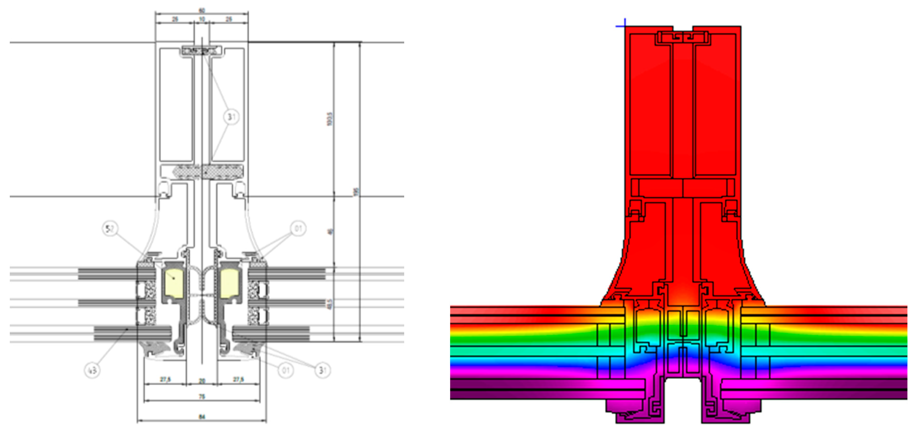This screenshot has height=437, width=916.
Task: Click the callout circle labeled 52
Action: pos(110,229)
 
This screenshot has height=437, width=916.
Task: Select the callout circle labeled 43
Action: pos(92,371)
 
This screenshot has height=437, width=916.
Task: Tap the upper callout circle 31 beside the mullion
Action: pos(231,116)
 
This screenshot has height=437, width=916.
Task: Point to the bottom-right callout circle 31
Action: pos(322,371)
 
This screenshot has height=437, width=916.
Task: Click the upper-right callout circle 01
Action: pos(298,229)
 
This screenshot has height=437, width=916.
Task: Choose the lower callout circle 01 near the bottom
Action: pos(286,371)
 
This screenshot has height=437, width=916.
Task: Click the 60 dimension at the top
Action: pos(202,11)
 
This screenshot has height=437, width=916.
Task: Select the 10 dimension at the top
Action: pos(202,19)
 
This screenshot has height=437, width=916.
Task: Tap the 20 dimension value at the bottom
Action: pos(202,381)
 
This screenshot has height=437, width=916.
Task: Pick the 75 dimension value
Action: pos(202,397)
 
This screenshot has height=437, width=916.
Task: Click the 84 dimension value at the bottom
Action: pos(202,417)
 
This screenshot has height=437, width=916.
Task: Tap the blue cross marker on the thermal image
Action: pos(624,26)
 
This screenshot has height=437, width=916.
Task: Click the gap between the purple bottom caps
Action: pos(683,402)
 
